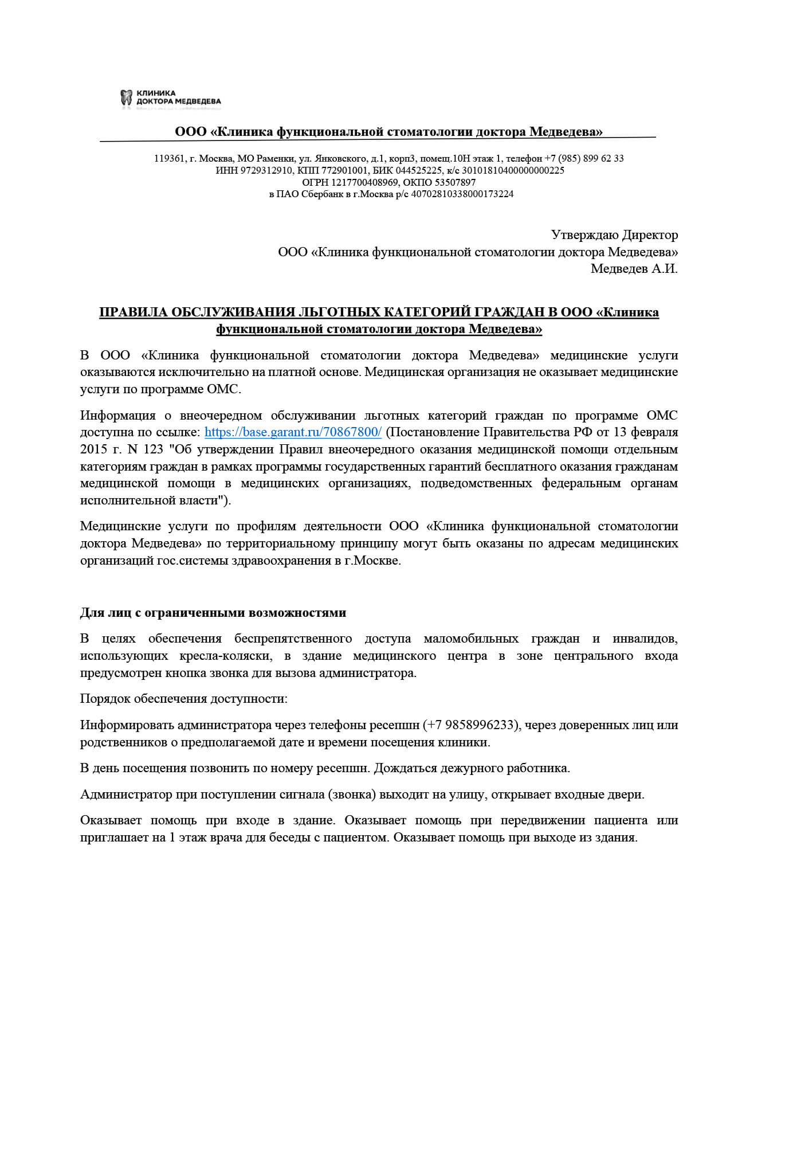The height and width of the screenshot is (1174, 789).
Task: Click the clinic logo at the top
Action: pos(170,98)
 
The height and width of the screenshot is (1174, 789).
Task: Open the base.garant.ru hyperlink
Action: pos(293,432)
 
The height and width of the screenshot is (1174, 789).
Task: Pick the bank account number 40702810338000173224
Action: pos(462,194)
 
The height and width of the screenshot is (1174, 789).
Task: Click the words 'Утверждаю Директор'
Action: pos(614,235)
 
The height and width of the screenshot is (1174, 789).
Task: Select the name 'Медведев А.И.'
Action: pos(634,269)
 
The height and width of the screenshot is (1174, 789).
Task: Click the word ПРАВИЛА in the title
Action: pos(132,312)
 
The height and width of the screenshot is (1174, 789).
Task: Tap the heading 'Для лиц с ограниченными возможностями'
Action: pos(213,613)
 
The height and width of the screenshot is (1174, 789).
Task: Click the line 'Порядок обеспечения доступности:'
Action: pos(184,699)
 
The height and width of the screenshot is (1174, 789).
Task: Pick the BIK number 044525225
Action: pos(419,170)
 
